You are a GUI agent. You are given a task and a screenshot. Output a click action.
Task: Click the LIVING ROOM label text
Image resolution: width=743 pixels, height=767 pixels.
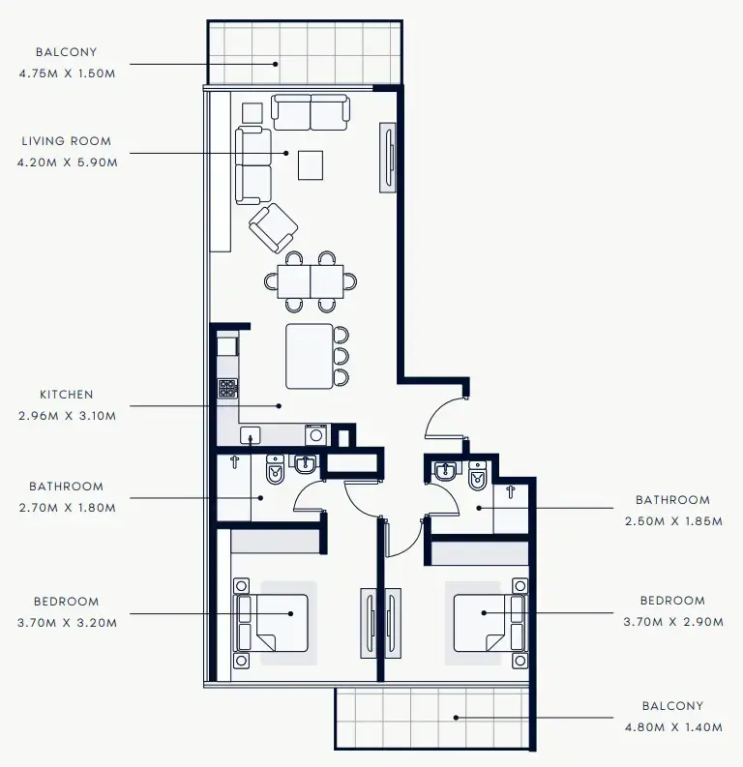pyautogui.click(x=66, y=141)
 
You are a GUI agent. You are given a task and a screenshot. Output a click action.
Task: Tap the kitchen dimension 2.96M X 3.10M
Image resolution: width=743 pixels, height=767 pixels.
pyautogui.click(x=66, y=417)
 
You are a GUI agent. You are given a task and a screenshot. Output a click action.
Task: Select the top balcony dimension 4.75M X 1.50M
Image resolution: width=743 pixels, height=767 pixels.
pyautogui.click(x=66, y=74)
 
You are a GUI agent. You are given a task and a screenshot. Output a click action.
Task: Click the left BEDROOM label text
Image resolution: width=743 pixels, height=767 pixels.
pyautogui.click(x=66, y=602)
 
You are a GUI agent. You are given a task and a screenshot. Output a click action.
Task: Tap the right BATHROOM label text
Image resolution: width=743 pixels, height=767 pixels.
pyautogui.click(x=672, y=500)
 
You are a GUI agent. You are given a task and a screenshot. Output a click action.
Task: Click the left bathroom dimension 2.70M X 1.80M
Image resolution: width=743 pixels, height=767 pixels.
pyautogui.click(x=66, y=508)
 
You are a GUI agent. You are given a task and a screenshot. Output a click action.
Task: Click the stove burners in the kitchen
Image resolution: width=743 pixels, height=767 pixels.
pyautogui.click(x=227, y=389)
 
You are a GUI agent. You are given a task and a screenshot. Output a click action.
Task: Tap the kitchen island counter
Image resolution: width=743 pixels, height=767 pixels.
pyautogui.click(x=309, y=355)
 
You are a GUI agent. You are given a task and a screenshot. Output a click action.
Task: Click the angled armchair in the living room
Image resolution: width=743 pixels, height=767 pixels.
pyautogui.click(x=274, y=227)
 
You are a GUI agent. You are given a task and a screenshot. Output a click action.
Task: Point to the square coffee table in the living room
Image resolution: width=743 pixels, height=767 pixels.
pyautogui.click(x=311, y=164)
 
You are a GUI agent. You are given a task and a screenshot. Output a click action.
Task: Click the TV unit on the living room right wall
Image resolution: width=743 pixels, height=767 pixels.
pyautogui.click(x=388, y=157)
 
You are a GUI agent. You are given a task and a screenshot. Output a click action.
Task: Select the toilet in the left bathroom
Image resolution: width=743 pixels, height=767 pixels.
pyautogui.click(x=274, y=471)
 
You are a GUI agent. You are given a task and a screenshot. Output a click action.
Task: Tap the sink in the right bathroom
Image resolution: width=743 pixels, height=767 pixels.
pyautogui.click(x=446, y=473)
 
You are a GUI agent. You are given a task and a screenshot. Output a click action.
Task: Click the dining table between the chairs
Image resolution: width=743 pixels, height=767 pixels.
pyautogui.click(x=311, y=281)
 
